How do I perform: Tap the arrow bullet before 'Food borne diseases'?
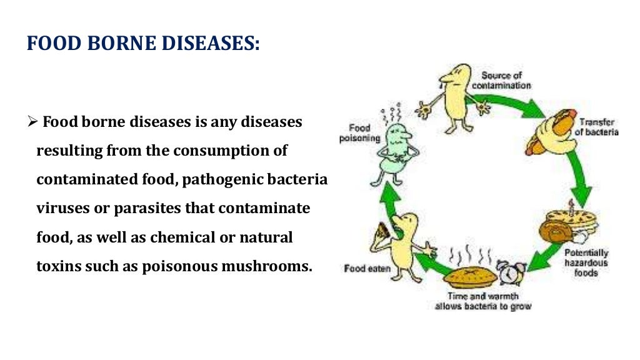[x=33, y=122]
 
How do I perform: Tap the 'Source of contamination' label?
[x=502, y=80]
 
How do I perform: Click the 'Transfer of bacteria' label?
[x=598, y=127]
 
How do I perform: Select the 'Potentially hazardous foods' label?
[x=586, y=262]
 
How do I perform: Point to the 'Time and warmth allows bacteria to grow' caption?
[x=483, y=301]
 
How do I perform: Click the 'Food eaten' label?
[x=367, y=269]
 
